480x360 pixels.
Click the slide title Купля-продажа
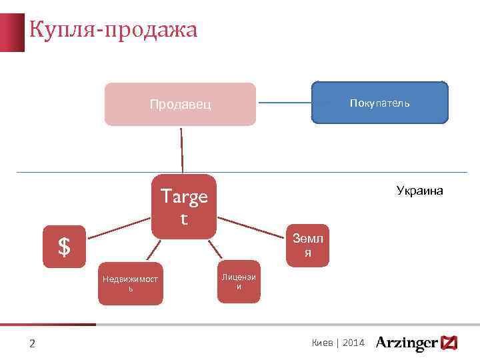[x=113, y=30]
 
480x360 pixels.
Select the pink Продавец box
[x=180, y=104]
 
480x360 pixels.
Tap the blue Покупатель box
[x=380, y=103]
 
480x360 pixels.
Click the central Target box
[x=184, y=206]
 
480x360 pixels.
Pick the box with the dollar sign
[x=64, y=247]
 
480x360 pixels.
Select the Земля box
[x=307, y=245]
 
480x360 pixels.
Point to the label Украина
[x=419, y=191]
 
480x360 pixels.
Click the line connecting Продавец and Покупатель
[x=285, y=103]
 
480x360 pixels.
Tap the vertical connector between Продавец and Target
[x=181, y=150]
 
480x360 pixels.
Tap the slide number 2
[x=31, y=344]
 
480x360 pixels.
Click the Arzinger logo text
[x=407, y=343]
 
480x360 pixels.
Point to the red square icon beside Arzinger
[x=449, y=343]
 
